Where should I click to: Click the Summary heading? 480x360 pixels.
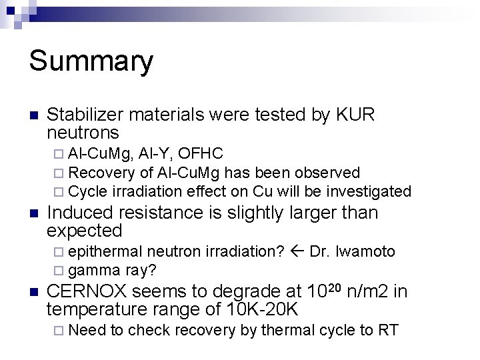click(x=91, y=61)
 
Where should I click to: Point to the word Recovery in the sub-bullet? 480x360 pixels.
click(x=101, y=173)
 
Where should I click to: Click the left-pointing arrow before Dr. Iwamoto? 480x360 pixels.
click(x=297, y=251)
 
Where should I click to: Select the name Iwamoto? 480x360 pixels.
click(x=365, y=251)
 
